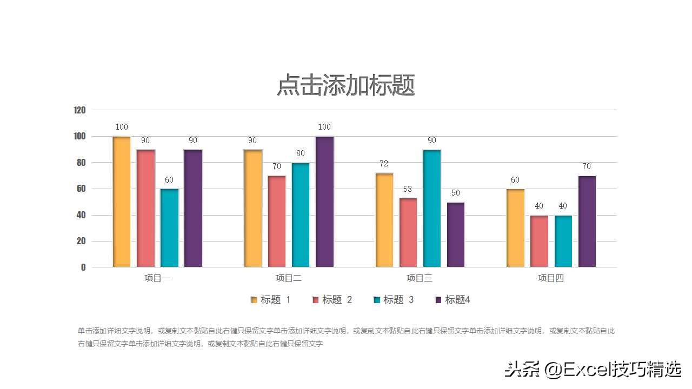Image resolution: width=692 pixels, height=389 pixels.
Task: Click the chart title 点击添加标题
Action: [346, 85]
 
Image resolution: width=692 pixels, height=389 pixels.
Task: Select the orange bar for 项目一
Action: [122, 202]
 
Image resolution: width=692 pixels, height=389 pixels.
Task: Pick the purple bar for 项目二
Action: [324, 202]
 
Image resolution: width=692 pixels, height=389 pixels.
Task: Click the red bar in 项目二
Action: [277, 221]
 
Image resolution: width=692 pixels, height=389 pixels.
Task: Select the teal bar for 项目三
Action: [432, 208]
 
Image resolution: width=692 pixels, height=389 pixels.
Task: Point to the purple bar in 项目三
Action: [456, 234]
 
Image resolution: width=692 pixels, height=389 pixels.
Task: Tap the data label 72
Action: [384, 164]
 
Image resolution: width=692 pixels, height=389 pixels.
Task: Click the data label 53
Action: [408, 189]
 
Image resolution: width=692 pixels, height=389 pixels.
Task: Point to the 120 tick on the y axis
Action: [79, 110]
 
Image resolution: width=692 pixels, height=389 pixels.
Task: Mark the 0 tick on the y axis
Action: [83, 267]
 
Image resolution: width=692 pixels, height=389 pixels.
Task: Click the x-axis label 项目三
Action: [420, 278]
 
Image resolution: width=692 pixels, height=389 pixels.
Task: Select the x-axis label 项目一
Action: [157, 278]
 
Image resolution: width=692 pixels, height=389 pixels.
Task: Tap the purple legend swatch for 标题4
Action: [438, 300]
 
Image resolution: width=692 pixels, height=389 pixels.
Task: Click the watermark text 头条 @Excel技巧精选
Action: [593, 370]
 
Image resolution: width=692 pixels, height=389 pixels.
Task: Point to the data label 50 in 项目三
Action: [456, 193]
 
